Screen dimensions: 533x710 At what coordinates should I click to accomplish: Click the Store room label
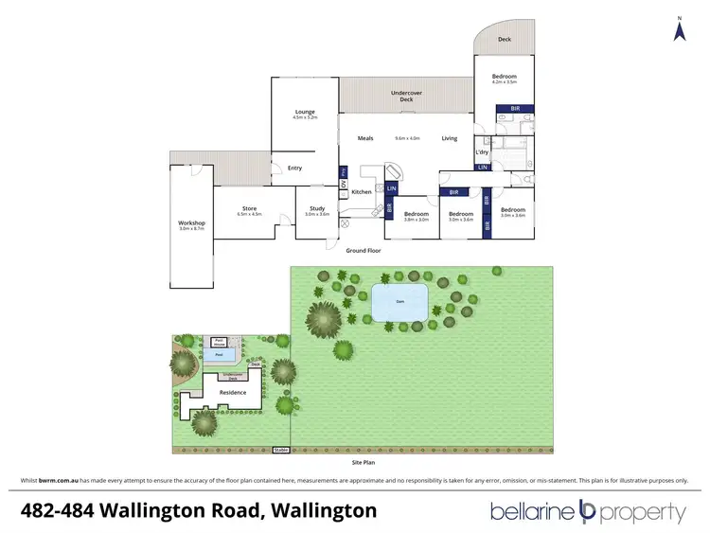(x=249, y=210)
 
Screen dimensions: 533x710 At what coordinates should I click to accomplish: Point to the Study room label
(x=316, y=210)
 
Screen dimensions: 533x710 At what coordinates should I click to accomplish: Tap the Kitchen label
(x=362, y=192)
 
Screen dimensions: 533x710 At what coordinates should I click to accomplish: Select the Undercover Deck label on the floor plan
(x=407, y=95)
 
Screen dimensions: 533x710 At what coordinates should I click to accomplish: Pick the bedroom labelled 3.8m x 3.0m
(x=417, y=215)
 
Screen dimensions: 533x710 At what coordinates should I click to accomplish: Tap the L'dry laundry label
(x=481, y=151)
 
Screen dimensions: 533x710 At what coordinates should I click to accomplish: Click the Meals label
(x=365, y=138)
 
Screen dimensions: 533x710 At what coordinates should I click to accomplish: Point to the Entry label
(x=295, y=169)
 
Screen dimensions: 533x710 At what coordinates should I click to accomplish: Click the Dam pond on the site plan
(x=399, y=303)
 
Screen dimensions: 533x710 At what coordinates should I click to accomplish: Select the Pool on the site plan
(x=219, y=357)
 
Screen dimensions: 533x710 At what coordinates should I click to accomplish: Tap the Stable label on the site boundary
(x=280, y=450)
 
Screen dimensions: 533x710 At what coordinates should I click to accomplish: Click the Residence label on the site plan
(x=233, y=392)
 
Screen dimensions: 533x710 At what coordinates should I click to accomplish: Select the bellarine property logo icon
(x=585, y=512)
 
